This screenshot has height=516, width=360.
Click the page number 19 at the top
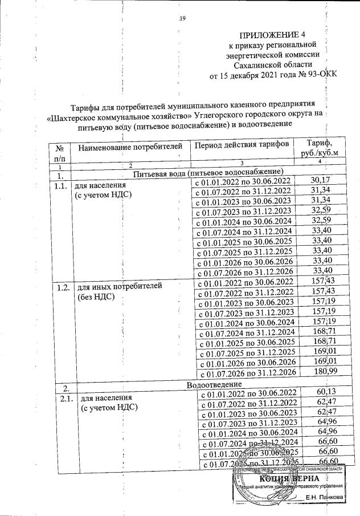point(183,19)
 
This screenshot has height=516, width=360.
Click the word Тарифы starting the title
point(85,105)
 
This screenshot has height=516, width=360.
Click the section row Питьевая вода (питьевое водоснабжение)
point(208,172)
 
